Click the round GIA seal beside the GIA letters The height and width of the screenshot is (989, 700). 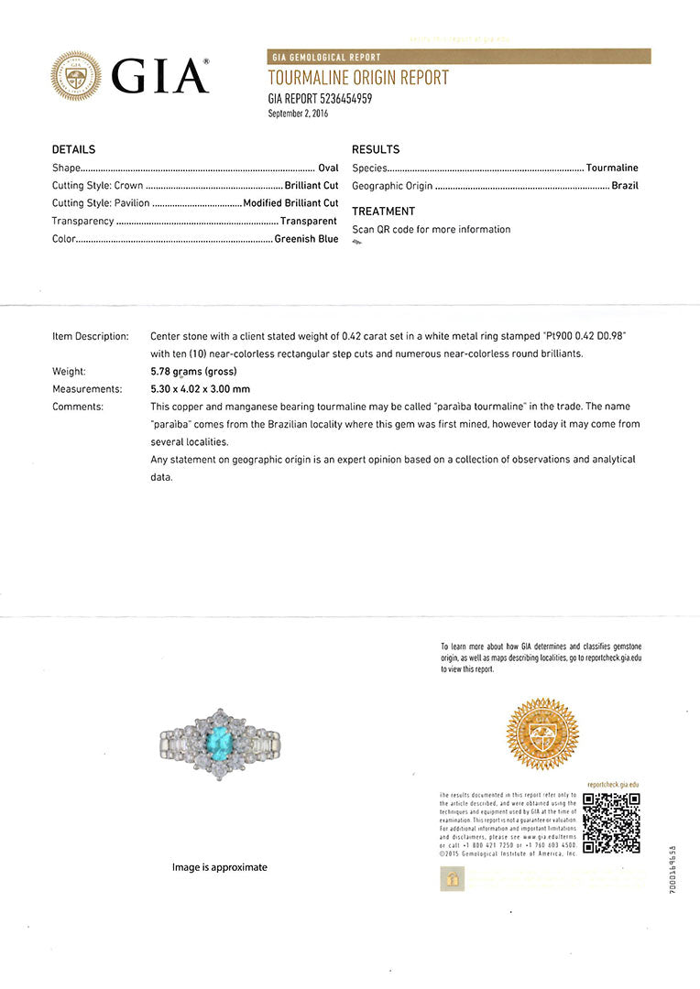[x=76, y=76]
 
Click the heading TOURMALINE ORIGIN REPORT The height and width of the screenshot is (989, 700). [x=358, y=79]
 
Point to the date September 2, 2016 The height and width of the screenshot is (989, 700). [x=298, y=114]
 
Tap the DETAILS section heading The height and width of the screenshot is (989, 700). [x=73, y=149]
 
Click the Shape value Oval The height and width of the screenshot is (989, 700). [x=328, y=168]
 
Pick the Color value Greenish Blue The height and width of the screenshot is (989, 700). [x=306, y=239]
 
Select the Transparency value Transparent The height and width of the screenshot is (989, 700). [x=309, y=221]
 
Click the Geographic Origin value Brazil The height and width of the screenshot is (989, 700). [x=625, y=186]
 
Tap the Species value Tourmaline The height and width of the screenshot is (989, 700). [x=612, y=168]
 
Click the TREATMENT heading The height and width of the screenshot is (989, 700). [x=383, y=211]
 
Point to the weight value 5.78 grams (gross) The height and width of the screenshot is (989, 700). [x=193, y=372]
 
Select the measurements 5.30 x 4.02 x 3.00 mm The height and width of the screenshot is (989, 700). [x=200, y=389]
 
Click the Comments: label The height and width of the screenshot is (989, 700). [x=78, y=407]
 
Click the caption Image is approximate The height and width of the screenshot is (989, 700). [x=220, y=867]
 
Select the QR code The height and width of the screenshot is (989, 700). [x=611, y=822]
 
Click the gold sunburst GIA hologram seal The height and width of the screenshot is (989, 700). [x=542, y=734]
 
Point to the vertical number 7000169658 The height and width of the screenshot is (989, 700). [x=673, y=870]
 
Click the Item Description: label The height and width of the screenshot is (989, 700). [x=91, y=337]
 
